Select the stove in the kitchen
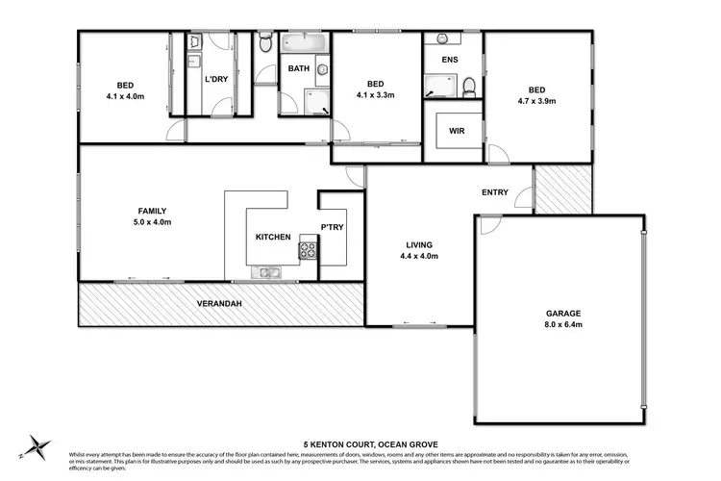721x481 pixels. tap(308, 250)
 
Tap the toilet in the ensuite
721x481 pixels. tap(468, 88)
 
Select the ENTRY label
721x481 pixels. tap(495, 192)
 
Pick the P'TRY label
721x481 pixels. tap(332, 228)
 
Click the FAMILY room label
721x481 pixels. tap(153, 211)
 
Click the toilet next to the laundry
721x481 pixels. tap(264, 42)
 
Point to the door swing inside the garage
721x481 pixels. tap(488, 227)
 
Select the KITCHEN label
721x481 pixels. tap(273, 237)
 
